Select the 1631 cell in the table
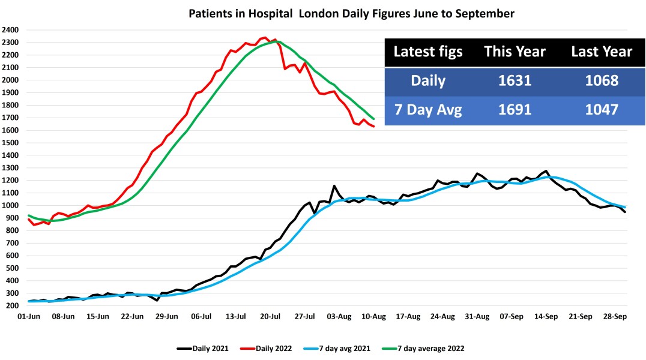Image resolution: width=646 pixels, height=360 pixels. (515, 80)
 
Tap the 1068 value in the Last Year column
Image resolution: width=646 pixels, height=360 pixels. (601, 80)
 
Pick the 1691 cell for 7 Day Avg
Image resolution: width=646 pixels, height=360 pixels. (515, 110)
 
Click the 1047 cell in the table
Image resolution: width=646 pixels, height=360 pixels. (601, 110)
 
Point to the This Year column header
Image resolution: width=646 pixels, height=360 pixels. (515, 52)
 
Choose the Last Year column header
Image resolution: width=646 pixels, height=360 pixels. (601, 52)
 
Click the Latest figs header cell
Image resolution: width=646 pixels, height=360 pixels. (428, 52)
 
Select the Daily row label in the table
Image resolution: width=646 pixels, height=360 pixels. (428, 80)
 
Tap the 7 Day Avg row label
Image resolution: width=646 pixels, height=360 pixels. (428, 110)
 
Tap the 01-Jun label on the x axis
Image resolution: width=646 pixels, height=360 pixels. (28, 316)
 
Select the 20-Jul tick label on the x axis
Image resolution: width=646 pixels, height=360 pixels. (270, 316)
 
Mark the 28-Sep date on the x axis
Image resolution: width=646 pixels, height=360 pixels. (615, 316)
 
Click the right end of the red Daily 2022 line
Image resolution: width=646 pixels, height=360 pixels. (374, 126)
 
